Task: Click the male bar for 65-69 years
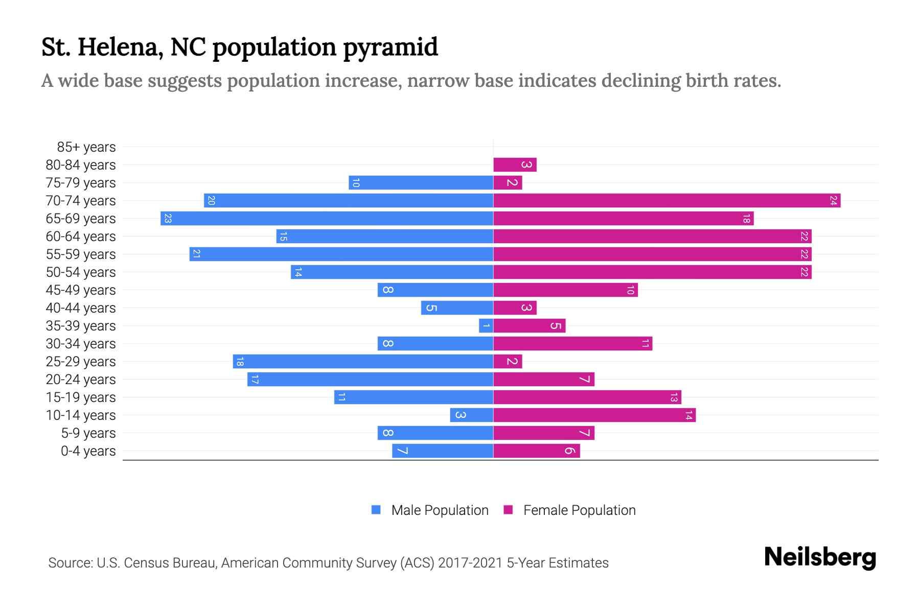327,219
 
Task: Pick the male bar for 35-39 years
486,326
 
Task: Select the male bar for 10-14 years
471,415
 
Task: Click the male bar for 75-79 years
421,183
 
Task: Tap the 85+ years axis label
86,147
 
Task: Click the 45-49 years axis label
81,290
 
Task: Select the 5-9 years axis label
88,433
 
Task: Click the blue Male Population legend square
376,510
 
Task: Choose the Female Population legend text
579,510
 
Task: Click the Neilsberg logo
820,557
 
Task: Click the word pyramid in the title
390,48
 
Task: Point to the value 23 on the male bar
168,219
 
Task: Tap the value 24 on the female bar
833,201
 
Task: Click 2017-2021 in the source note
470,563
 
